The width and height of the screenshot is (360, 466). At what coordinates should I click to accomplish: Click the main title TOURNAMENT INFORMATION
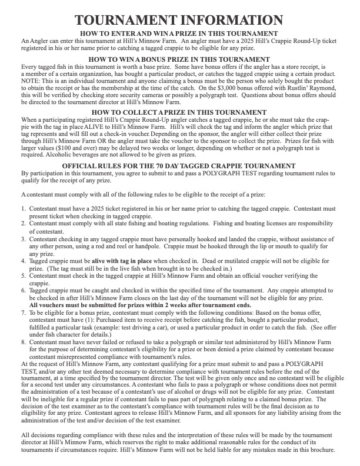179,20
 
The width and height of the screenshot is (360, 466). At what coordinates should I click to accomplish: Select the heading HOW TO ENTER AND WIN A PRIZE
179,33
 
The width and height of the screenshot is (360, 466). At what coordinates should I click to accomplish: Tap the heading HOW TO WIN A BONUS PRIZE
179,59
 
